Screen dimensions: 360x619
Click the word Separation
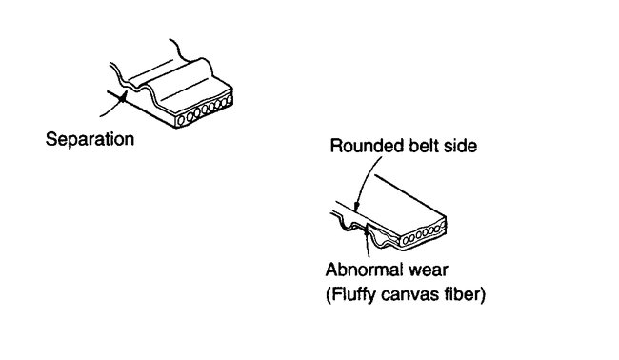tap(91, 139)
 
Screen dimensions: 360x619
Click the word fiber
tap(464, 294)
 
